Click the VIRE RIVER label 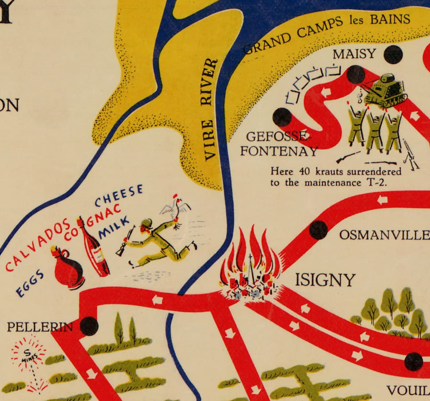[x=211, y=109]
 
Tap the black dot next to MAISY [x=393, y=54]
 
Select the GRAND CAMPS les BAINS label [x=327, y=33]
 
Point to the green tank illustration [x=386, y=89]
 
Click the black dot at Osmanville [x=318, y=230]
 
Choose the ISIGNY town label [x=325, y=280]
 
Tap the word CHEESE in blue [x=118, y=195]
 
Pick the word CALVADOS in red [x=39, y=247]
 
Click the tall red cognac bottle [x=94, y=249]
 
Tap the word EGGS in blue [x=30, y=283]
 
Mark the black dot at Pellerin [x=89, y=326]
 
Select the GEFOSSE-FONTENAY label [x=279, y=144]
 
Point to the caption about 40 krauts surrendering [x=335, y=176]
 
